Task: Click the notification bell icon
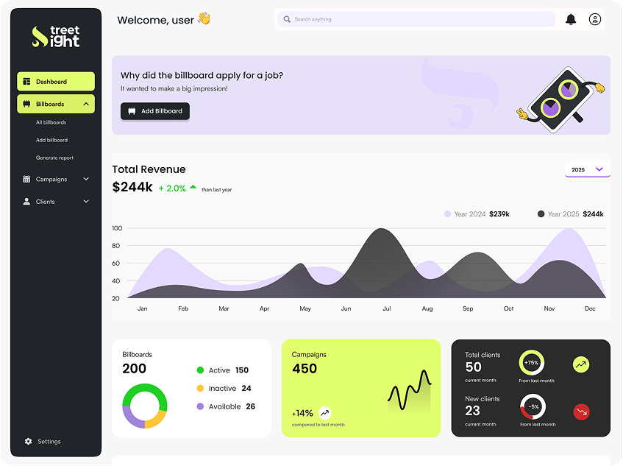571,19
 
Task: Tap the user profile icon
595,19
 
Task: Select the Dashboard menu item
56,82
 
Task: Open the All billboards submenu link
51,122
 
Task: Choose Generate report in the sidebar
54,158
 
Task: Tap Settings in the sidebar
49,442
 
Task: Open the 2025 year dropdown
587,169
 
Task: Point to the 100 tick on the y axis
116,228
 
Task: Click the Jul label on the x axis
386,308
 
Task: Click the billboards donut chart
144,406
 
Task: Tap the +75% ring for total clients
531,363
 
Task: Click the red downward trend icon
581,412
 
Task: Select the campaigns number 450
305,369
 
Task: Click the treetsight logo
56,37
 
